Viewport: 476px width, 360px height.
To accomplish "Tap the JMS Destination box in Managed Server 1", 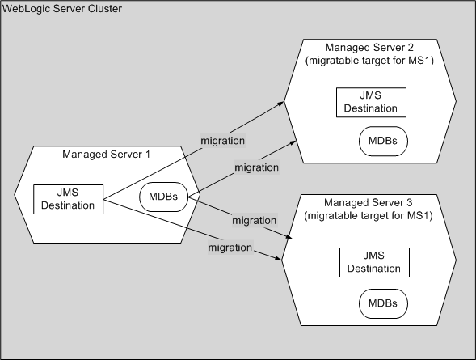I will [x=69, y=199].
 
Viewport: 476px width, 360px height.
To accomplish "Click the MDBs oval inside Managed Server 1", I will [x=163, y=196].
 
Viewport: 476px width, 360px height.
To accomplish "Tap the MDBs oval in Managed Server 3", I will [x=383, y=303].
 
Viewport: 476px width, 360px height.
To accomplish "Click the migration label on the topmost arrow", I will [x=222, y=141].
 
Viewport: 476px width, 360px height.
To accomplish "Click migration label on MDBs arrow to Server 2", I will [x=256, y=167].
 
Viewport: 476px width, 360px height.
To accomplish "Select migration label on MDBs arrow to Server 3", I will [x=253, y=219].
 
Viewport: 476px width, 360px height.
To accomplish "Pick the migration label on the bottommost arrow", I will [x=230, y=246].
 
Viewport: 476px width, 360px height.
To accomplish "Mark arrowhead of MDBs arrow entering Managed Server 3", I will [x=289, y=235].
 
